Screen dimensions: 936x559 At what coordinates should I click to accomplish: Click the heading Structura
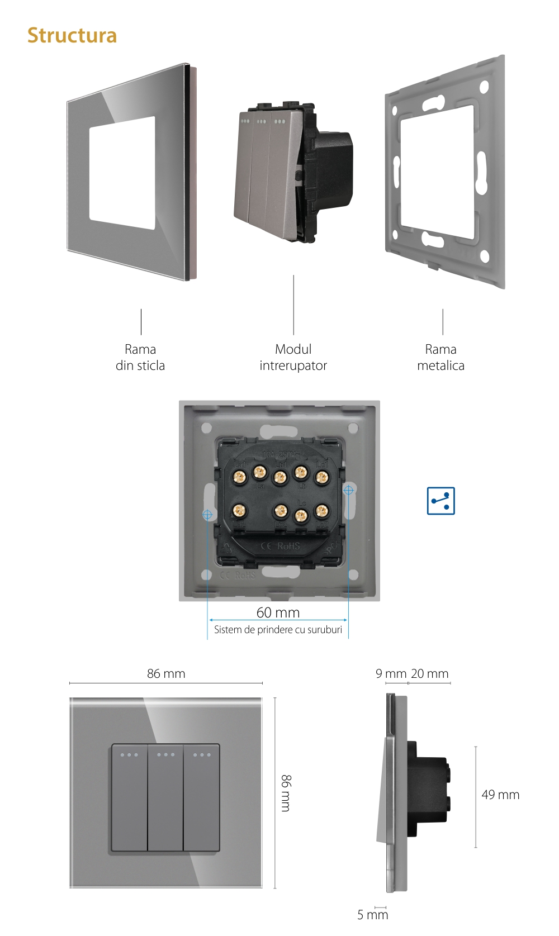pyautogui.click(x=72, y=35)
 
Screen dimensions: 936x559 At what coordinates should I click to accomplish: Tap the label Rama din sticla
pyautogui.click(x=140, y=357)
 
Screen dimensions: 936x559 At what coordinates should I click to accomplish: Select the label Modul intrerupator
pyautogui.click(x=293, y=357)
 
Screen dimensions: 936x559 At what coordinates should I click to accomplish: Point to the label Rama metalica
pyautogui.click(x=440, y=357)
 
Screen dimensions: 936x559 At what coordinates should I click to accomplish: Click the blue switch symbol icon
pyautogui.click(x=440, y=501)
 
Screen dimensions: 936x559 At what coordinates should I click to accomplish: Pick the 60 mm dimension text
pyautogui.click(x=278, y=612)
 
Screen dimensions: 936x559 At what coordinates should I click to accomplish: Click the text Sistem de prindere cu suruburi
pyautogui.click(x=278, y=630)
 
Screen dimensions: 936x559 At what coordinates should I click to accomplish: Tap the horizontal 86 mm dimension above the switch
pyautogui.click(x=166, y=673)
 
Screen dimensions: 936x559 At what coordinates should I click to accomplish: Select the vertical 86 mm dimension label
pyautogui.click(x=286, y=793)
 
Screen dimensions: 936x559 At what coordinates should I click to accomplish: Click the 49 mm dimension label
pyautogui.click(x=500, y=795)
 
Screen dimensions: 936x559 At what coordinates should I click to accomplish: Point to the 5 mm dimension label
pyautogui.click(x=372, y=915)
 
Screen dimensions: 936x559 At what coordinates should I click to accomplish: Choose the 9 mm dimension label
pyautogui.click(x=391, y=673)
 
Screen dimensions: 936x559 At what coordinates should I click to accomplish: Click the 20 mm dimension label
pyautogui.click(x=429, y=673)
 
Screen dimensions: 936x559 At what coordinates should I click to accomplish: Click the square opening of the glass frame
pyautogui.click(x=122, y=174)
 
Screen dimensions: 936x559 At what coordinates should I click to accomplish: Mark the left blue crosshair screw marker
pyautogui.click(x=207, y=515)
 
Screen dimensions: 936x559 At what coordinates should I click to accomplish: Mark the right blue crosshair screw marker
pyautogui.click(x=348, y=490)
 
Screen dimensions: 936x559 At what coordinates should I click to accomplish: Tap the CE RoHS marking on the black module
pyautogui.click(x=281, y=546)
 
